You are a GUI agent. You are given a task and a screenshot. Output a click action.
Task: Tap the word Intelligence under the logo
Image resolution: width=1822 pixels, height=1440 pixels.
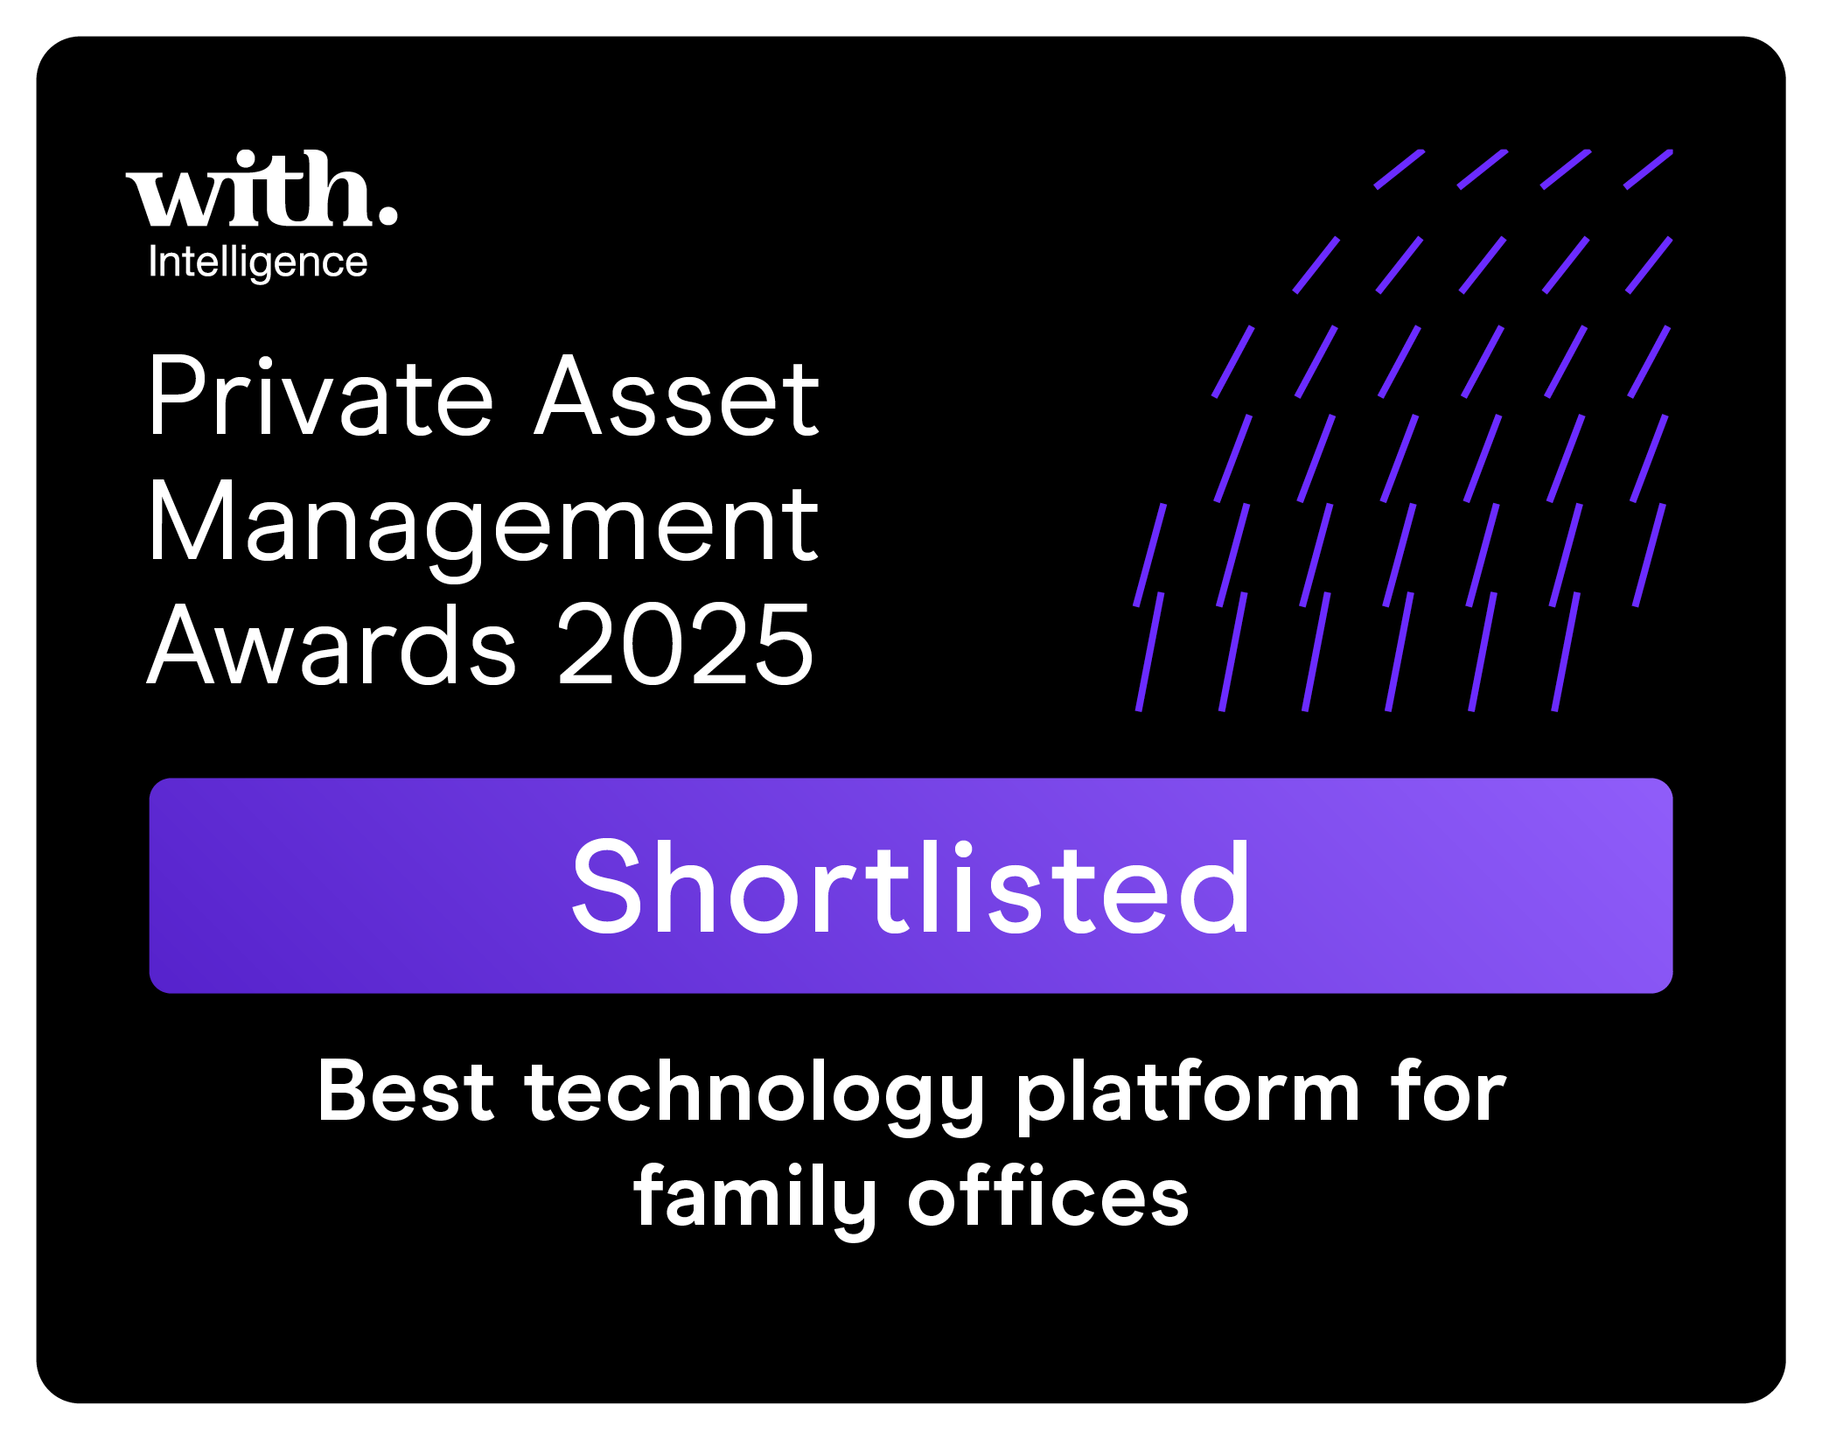pyautogui.click(x=258, y=262)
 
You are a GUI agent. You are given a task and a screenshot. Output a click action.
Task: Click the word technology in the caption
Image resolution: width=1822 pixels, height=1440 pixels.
pyautogui.click(x=754, y=1097)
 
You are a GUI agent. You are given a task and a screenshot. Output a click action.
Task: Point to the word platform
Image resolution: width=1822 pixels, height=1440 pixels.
pyautogui.click(x=1187, y=1097)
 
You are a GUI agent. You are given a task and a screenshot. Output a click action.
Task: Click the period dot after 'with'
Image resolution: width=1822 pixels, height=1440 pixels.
pyautogui.click(x=387, y=215)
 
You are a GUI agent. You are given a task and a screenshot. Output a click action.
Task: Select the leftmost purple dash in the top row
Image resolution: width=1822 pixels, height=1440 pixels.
pyautogui.click(x=1399, y=169)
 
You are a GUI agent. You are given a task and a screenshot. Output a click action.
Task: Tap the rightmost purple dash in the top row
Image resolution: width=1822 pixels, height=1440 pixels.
pyautogui.click(x=1649, y=169)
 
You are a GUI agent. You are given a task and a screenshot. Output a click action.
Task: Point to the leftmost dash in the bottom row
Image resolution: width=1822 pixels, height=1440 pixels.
pyautogui.click(x=1150, y=652)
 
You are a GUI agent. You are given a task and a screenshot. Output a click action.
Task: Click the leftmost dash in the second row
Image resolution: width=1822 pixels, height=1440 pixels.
pyautogui.click(x=1316, y=265)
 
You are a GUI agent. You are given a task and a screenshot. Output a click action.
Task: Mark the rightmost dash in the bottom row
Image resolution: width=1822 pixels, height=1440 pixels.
pyautogui.click(x=1566, y=652)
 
